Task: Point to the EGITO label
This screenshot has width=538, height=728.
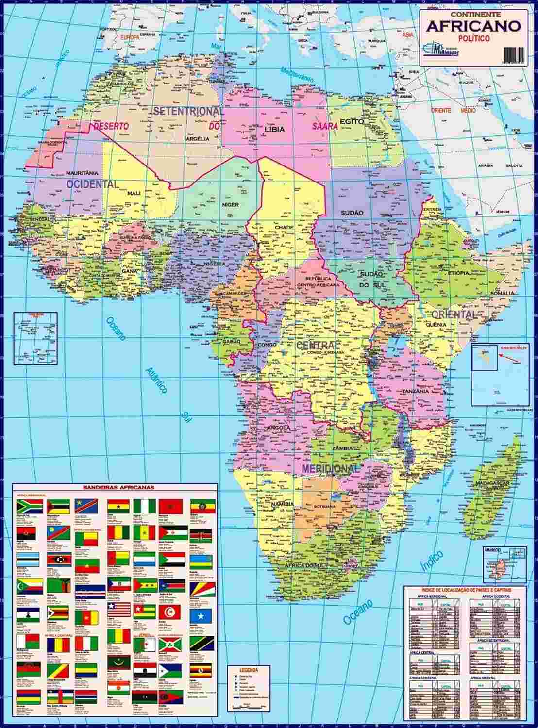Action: (352, 121)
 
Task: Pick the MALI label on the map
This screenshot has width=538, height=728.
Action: (134, 193)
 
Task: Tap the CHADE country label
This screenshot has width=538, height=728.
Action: (284, 227)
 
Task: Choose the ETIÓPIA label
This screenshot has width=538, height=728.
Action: (459, 273)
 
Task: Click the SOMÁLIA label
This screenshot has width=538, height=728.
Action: (502, 293)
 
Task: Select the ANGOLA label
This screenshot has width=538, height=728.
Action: (279, 428)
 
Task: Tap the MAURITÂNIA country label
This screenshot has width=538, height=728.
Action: (82, 173)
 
